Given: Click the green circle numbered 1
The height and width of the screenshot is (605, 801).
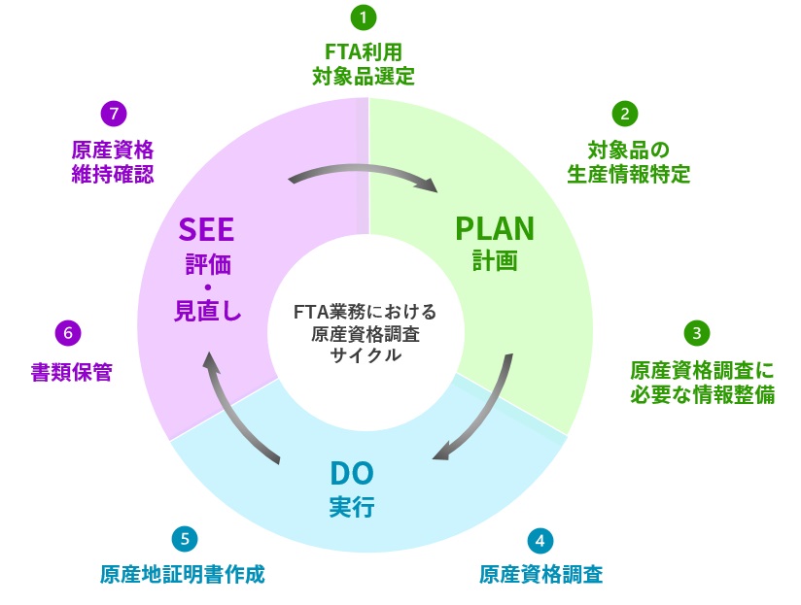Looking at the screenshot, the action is tap(364, 17).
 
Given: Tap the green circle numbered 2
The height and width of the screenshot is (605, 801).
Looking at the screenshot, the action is tap(625, 114).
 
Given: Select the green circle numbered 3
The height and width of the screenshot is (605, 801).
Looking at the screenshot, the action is tap(697, 333).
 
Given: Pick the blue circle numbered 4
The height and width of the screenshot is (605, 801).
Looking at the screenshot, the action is tap(540, 540).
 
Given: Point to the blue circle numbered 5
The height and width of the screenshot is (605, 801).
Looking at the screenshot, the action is tap(185, 539).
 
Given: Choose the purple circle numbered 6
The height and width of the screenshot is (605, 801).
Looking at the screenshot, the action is tap(68, 333).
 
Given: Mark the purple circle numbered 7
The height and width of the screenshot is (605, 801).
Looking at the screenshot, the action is tap(114, 114).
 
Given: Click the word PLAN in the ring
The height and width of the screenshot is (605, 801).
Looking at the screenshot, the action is tap(495, 228).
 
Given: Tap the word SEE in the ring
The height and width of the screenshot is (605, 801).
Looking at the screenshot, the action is tap(206, 229).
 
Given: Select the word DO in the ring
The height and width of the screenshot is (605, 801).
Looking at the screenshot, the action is tap(352, 473).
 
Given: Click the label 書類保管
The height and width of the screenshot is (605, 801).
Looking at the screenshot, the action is tap(72, 372).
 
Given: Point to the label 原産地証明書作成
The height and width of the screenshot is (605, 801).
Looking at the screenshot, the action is tap(183, 574).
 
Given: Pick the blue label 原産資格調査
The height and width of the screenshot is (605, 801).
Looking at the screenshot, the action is tap(541, 574).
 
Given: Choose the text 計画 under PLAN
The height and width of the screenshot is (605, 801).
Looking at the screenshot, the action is tap(495, 260).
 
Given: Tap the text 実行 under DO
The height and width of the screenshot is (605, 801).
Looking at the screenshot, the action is tap(352, 507).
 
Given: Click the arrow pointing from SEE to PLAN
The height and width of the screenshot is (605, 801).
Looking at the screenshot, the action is tap(364, 169).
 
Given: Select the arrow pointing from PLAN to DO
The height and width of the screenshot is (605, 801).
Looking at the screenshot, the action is tap(490, 417).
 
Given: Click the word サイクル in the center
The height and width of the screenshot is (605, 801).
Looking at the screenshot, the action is tap(366, 355).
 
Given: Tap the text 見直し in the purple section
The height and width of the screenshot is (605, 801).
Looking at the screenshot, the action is tap(207, 310).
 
